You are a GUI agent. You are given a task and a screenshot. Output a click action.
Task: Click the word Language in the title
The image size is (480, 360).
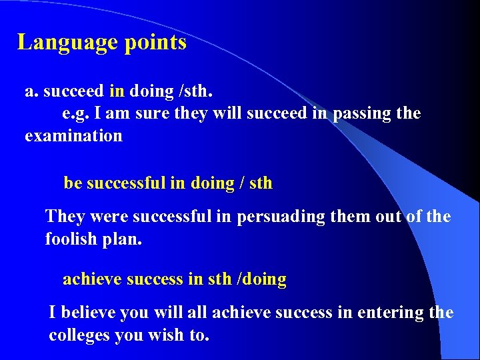tap(59, 43)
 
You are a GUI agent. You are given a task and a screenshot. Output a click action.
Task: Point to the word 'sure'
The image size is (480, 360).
tap(151, 113)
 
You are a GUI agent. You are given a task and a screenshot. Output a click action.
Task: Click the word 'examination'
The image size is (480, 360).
tap(73, 136)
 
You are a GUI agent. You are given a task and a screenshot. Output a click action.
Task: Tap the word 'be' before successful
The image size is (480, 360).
tap(73, 183)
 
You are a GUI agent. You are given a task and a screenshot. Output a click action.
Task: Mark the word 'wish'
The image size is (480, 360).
tap(170, 335)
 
